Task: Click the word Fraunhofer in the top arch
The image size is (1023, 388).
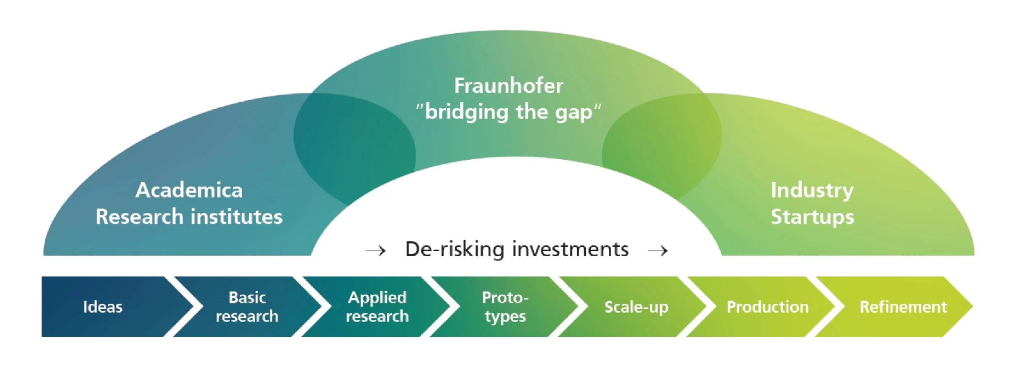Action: [509, 86]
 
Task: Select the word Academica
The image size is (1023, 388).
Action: [189, 190]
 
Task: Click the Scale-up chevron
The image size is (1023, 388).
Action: [633, 307]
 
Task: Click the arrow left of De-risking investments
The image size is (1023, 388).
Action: [376, 251]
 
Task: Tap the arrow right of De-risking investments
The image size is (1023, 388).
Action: [658, 251]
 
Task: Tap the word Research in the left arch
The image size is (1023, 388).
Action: [139, 217]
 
